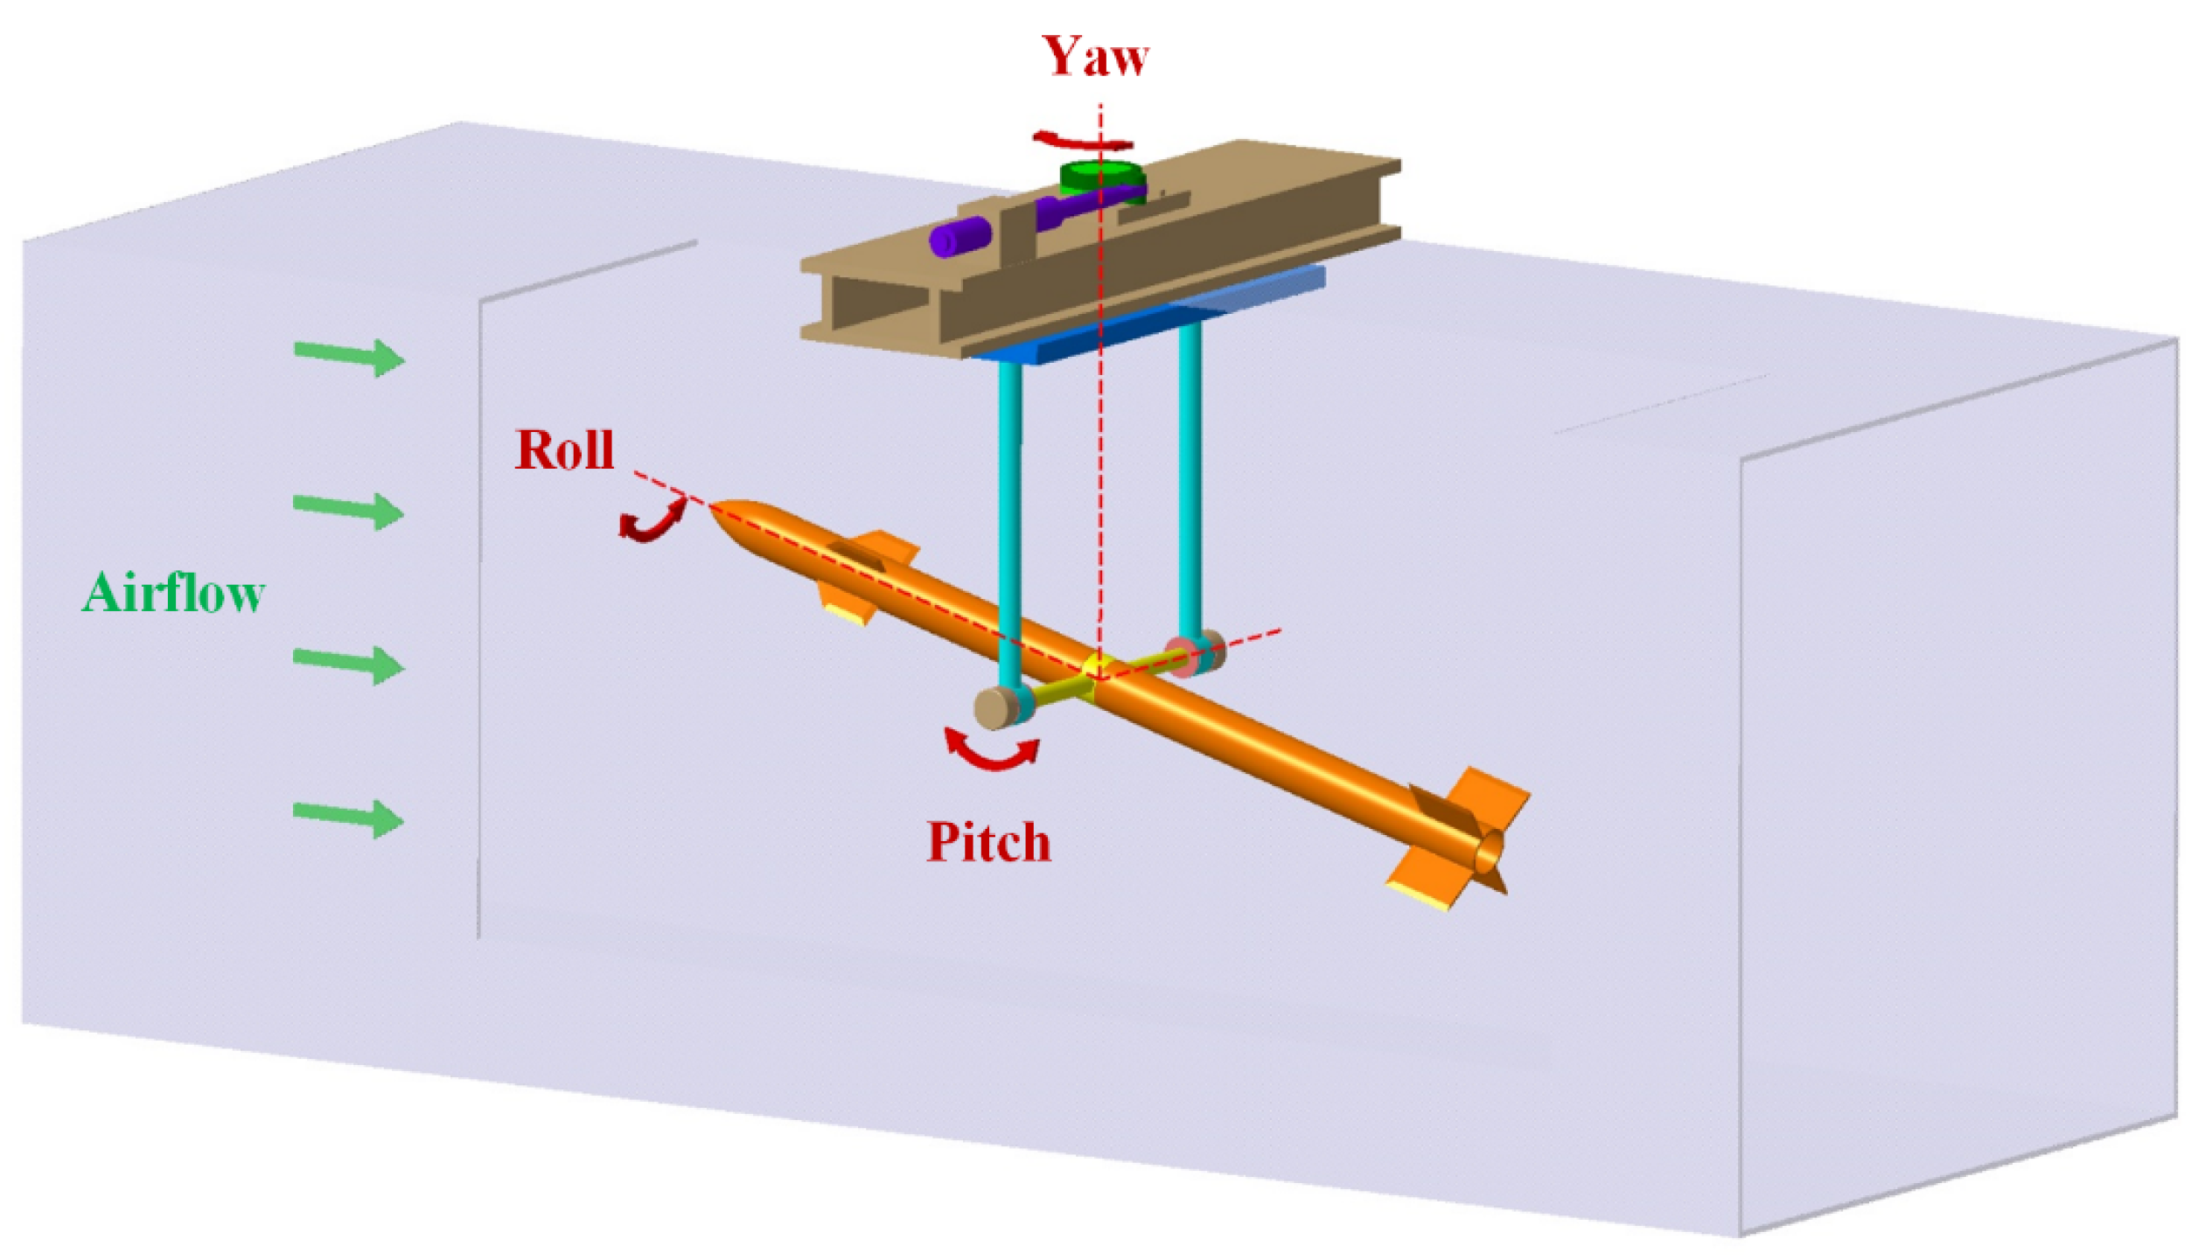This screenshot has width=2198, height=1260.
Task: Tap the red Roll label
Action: pos(564,450)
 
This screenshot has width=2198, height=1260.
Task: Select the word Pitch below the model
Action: pos(988,842)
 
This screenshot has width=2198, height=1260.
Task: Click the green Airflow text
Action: pos(173,593)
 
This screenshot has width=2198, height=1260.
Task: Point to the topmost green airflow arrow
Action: pos(350,356)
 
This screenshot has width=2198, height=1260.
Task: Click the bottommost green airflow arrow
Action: pos(350,818)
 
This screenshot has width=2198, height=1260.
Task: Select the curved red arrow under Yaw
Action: pos(1082,141)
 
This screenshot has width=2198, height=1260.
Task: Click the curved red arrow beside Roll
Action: pos(652,519)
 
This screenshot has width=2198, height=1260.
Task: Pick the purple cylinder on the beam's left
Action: pos(959,236)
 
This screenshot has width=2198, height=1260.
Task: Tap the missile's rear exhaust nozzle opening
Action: pos(1490,851)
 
